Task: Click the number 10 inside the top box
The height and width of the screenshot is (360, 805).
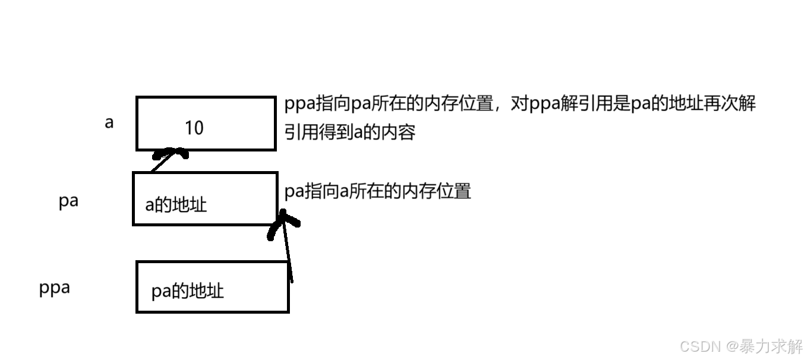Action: pyautogui.click(x=194, y=128)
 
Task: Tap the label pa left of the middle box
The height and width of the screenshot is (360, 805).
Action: pyautogui.click(x=68, y=201)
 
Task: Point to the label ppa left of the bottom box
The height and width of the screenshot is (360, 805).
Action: pyautogui.click(x=55, y=288)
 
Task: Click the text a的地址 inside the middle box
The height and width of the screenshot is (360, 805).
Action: pyautogui.click(x=176, y=205)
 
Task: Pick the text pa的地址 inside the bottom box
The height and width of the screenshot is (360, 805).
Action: pyautogui.click(x=188, y=291)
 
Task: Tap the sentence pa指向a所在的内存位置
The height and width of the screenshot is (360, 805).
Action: pyautogui.click(x=378, y=191)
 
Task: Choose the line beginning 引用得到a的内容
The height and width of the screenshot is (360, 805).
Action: pyautogui.click(x=349, y=132)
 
